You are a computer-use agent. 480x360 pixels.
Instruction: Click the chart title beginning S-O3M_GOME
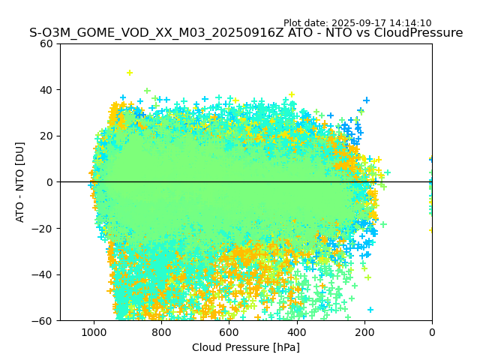tap(246, 33)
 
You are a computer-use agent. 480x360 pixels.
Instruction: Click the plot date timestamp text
tap(357, 23)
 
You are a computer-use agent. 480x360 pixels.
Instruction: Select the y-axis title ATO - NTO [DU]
tap(21, 182)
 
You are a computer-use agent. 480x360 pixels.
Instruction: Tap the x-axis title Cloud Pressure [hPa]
tap(246, 347)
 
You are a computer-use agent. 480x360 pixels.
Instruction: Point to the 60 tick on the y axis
tap(47, 43)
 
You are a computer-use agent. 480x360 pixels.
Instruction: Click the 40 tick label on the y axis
tap(47, 90)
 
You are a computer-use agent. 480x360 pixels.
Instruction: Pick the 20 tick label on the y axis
tap(47, 136)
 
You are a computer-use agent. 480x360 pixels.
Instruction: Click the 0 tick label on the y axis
tap(49, 182)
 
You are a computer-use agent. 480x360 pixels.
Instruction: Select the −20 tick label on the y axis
tap(44, 228)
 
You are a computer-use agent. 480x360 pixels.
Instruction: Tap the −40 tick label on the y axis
tap(44, 274)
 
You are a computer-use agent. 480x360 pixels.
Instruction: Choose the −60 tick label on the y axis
tap(44, 320)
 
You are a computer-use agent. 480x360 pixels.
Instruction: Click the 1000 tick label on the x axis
tap(94, 331)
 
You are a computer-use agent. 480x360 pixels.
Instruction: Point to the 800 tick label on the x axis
tap(161, 331)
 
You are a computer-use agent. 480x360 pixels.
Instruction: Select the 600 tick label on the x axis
tap(229, 331)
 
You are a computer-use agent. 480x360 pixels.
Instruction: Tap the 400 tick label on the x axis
tap(297, 331)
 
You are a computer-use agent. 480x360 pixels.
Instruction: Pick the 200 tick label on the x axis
tap(364, 331)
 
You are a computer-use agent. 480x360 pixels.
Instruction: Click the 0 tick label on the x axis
tap(432, 331)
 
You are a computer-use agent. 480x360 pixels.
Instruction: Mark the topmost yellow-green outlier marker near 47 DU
tap(130, 73)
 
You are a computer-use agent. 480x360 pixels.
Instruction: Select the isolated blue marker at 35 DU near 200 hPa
tap(367, 100)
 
